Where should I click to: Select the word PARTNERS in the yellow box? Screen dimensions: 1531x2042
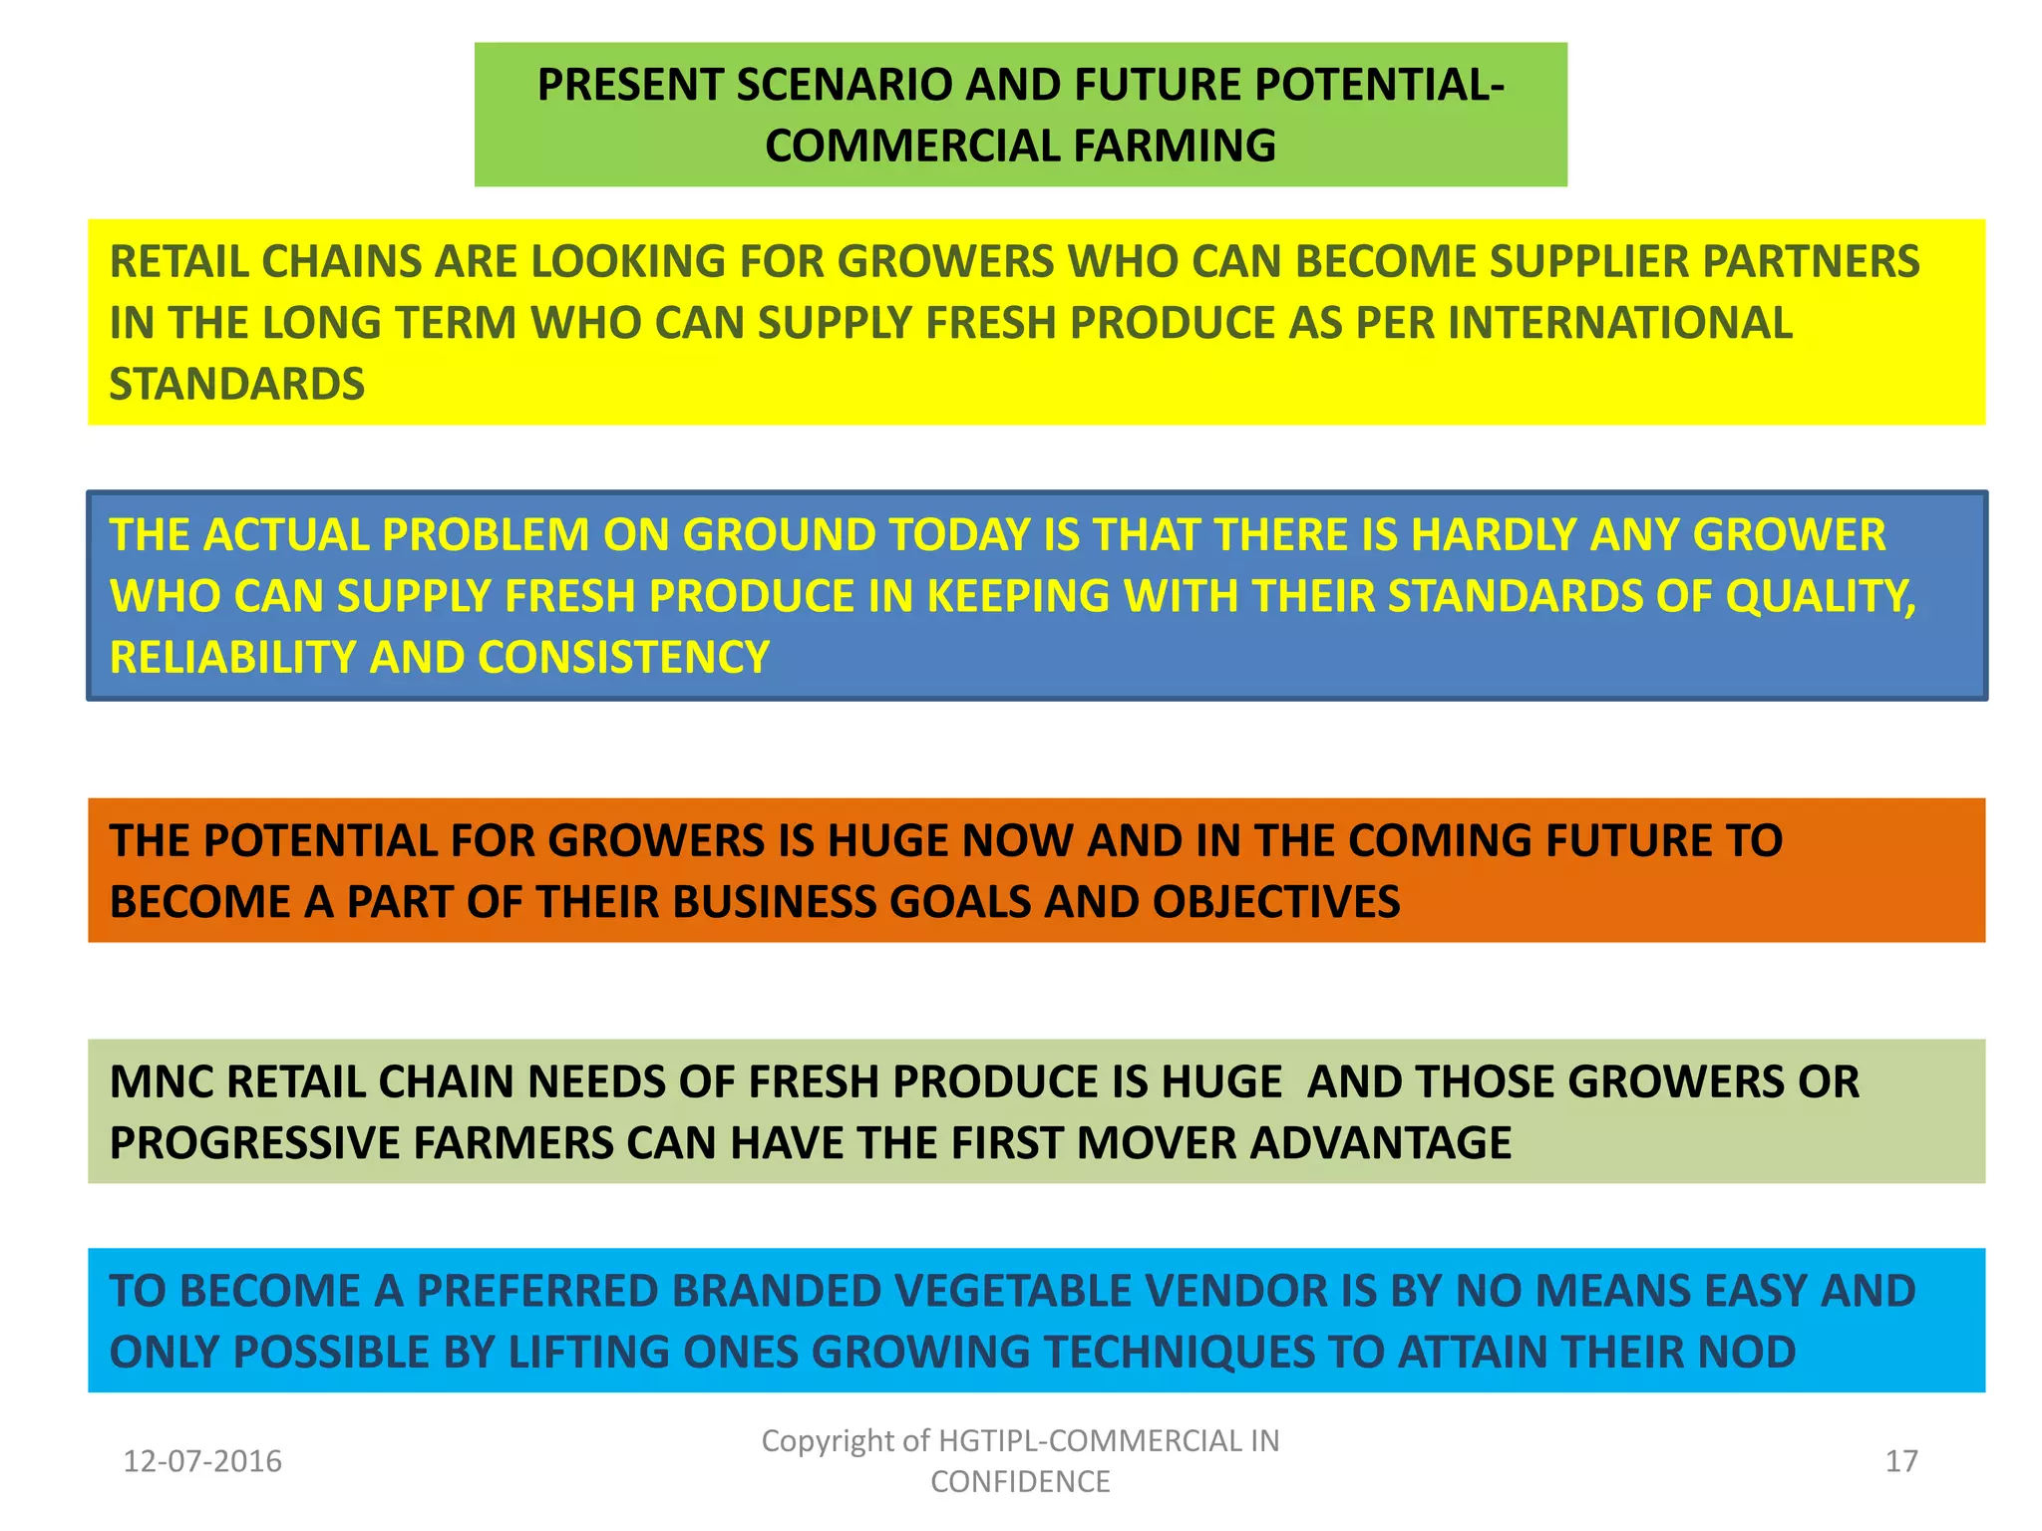pos(1810,262)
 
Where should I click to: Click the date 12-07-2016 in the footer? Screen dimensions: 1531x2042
pos(202,1461)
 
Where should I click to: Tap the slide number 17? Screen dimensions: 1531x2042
pos(1901,1461)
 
